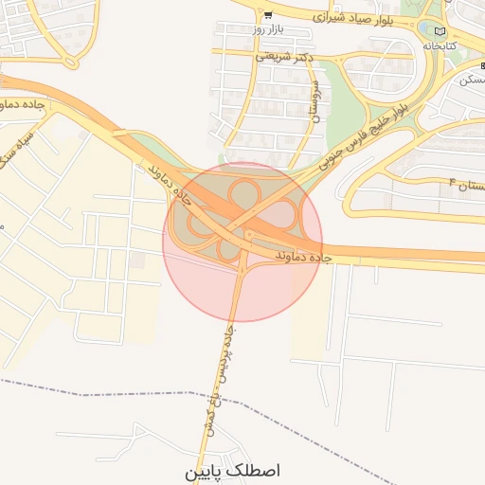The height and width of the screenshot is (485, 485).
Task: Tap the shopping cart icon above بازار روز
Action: pyautogui.click(x=269, y=14)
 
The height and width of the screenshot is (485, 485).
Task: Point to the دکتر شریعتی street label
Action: pyautogui.click(x=283, y=57)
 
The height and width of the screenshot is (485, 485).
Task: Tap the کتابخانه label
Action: pyautogui.click(x=440, y=45)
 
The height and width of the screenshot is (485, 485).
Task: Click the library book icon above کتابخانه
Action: pyautogui.click(x=438, y=31)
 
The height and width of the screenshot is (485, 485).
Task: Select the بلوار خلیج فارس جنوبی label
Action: pyautogui.click(x=369, y=133)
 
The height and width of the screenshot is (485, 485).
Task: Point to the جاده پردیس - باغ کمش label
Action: pyautogui.click(x=217, y=379)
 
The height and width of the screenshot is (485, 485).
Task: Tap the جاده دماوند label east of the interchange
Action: pyautogui.click(x=301, y=257)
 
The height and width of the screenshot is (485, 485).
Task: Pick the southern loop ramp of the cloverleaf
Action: pyautogui.click(x=230, y=248)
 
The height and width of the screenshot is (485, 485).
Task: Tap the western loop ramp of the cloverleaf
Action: pyautogui.click(x=200, y=225)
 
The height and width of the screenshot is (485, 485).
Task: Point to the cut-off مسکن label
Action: pyautogui.click(x=471, y=80)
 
